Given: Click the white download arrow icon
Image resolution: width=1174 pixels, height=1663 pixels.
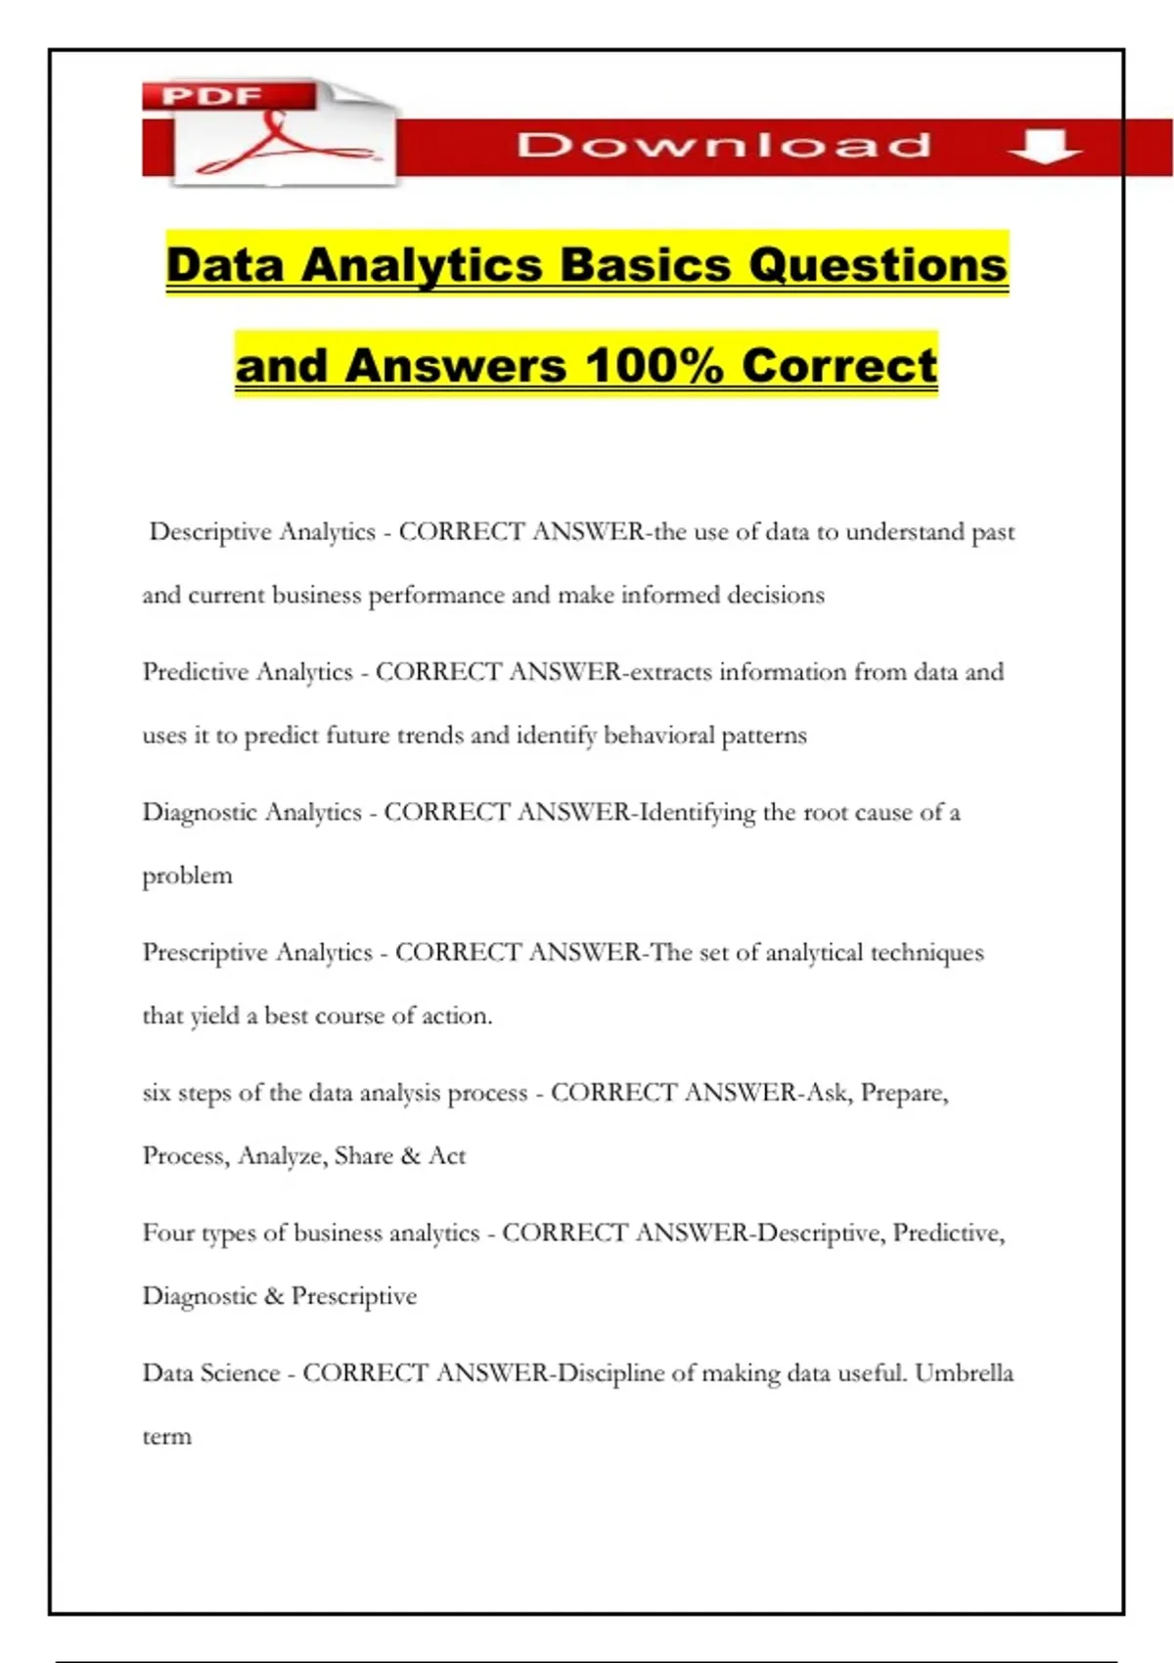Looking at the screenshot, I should [x=1044, y=147].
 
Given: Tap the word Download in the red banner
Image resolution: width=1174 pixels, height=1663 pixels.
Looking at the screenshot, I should [x=724, y=146].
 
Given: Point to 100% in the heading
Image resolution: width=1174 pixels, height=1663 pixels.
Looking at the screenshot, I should [x=655, y=366].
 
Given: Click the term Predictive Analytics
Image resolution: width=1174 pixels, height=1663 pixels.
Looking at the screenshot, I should [x=248, y=672].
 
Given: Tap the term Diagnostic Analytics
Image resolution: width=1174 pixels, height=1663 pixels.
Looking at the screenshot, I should [x=251, y=812].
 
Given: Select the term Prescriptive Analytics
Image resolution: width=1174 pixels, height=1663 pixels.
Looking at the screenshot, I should [x=257, y=953].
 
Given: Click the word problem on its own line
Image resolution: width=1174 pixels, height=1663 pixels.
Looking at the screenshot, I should [x=187, y=876].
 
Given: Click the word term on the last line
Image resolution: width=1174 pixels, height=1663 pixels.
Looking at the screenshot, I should [x=166, y=1437].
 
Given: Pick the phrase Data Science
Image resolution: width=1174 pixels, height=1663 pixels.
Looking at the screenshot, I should [x=211, y=1373].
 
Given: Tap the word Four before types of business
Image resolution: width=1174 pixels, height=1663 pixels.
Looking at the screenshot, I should [x=168, y=1233].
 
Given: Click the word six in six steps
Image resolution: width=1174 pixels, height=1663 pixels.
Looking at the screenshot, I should [x=157, y=1093].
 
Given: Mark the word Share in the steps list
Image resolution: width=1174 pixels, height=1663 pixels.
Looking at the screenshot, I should [x=363, y=1156].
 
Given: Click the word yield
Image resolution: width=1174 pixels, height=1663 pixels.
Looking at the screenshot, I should [x=214, y=1016].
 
